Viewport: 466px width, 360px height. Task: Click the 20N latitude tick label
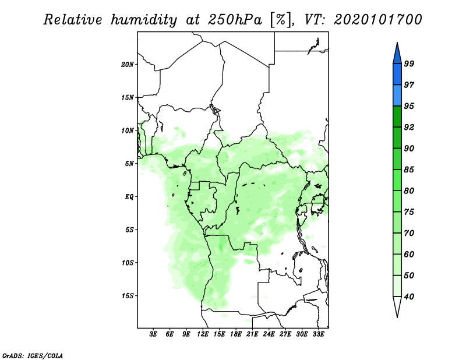click(x=127, y=65)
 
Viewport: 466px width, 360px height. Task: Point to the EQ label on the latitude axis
click(x=129, y=197)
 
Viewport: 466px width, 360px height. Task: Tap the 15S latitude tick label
click(x=127, y=296)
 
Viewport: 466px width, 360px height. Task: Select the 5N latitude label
click(x=129, y=164)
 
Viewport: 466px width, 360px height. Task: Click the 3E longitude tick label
click(x=153, y=334)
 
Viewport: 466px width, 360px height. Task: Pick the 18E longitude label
click(x=236, y=334)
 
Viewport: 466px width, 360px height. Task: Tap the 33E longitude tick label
click(x=318, y=334)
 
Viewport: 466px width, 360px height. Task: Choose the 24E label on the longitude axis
click(x=269, y=334)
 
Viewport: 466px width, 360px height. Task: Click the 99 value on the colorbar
click(x=409, y=63)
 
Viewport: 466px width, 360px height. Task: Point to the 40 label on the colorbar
click(x=409, y=297)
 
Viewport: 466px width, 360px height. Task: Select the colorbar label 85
click(x=409, y=170)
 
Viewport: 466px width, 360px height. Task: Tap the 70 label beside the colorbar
click(x=409, y=233)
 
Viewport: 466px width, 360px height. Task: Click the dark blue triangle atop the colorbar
click(x=397, y=55)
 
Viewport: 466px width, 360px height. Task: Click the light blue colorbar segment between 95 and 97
click(x=397, y=96)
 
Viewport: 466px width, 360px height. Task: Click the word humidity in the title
click(x=144, y=20)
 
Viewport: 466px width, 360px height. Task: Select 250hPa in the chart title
click(x=235, y=20)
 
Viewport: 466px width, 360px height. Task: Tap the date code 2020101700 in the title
click(x=377, y=20)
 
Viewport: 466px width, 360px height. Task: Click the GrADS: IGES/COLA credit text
click(x=33, y=355)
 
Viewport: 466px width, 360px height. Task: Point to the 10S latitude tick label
click(x=127, y=263)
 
